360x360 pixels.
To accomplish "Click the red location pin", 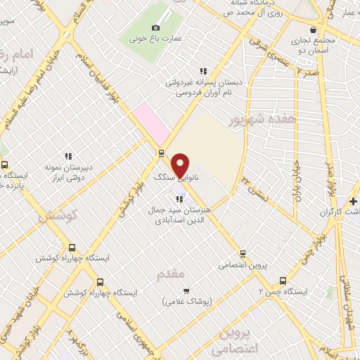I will point(181,164).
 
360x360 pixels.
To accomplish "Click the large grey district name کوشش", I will point(57,216).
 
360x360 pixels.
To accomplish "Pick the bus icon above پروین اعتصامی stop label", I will point(243,253).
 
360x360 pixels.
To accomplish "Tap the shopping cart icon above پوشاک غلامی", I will point(186,290).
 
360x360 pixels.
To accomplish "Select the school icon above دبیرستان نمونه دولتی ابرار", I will point(68,156).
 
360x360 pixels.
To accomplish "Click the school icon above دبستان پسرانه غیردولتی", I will point(203,71).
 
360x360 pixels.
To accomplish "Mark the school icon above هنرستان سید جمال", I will point(180,199).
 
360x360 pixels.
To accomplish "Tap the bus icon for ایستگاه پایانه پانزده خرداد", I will point(5,165).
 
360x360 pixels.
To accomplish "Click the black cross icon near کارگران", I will point(353,202).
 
